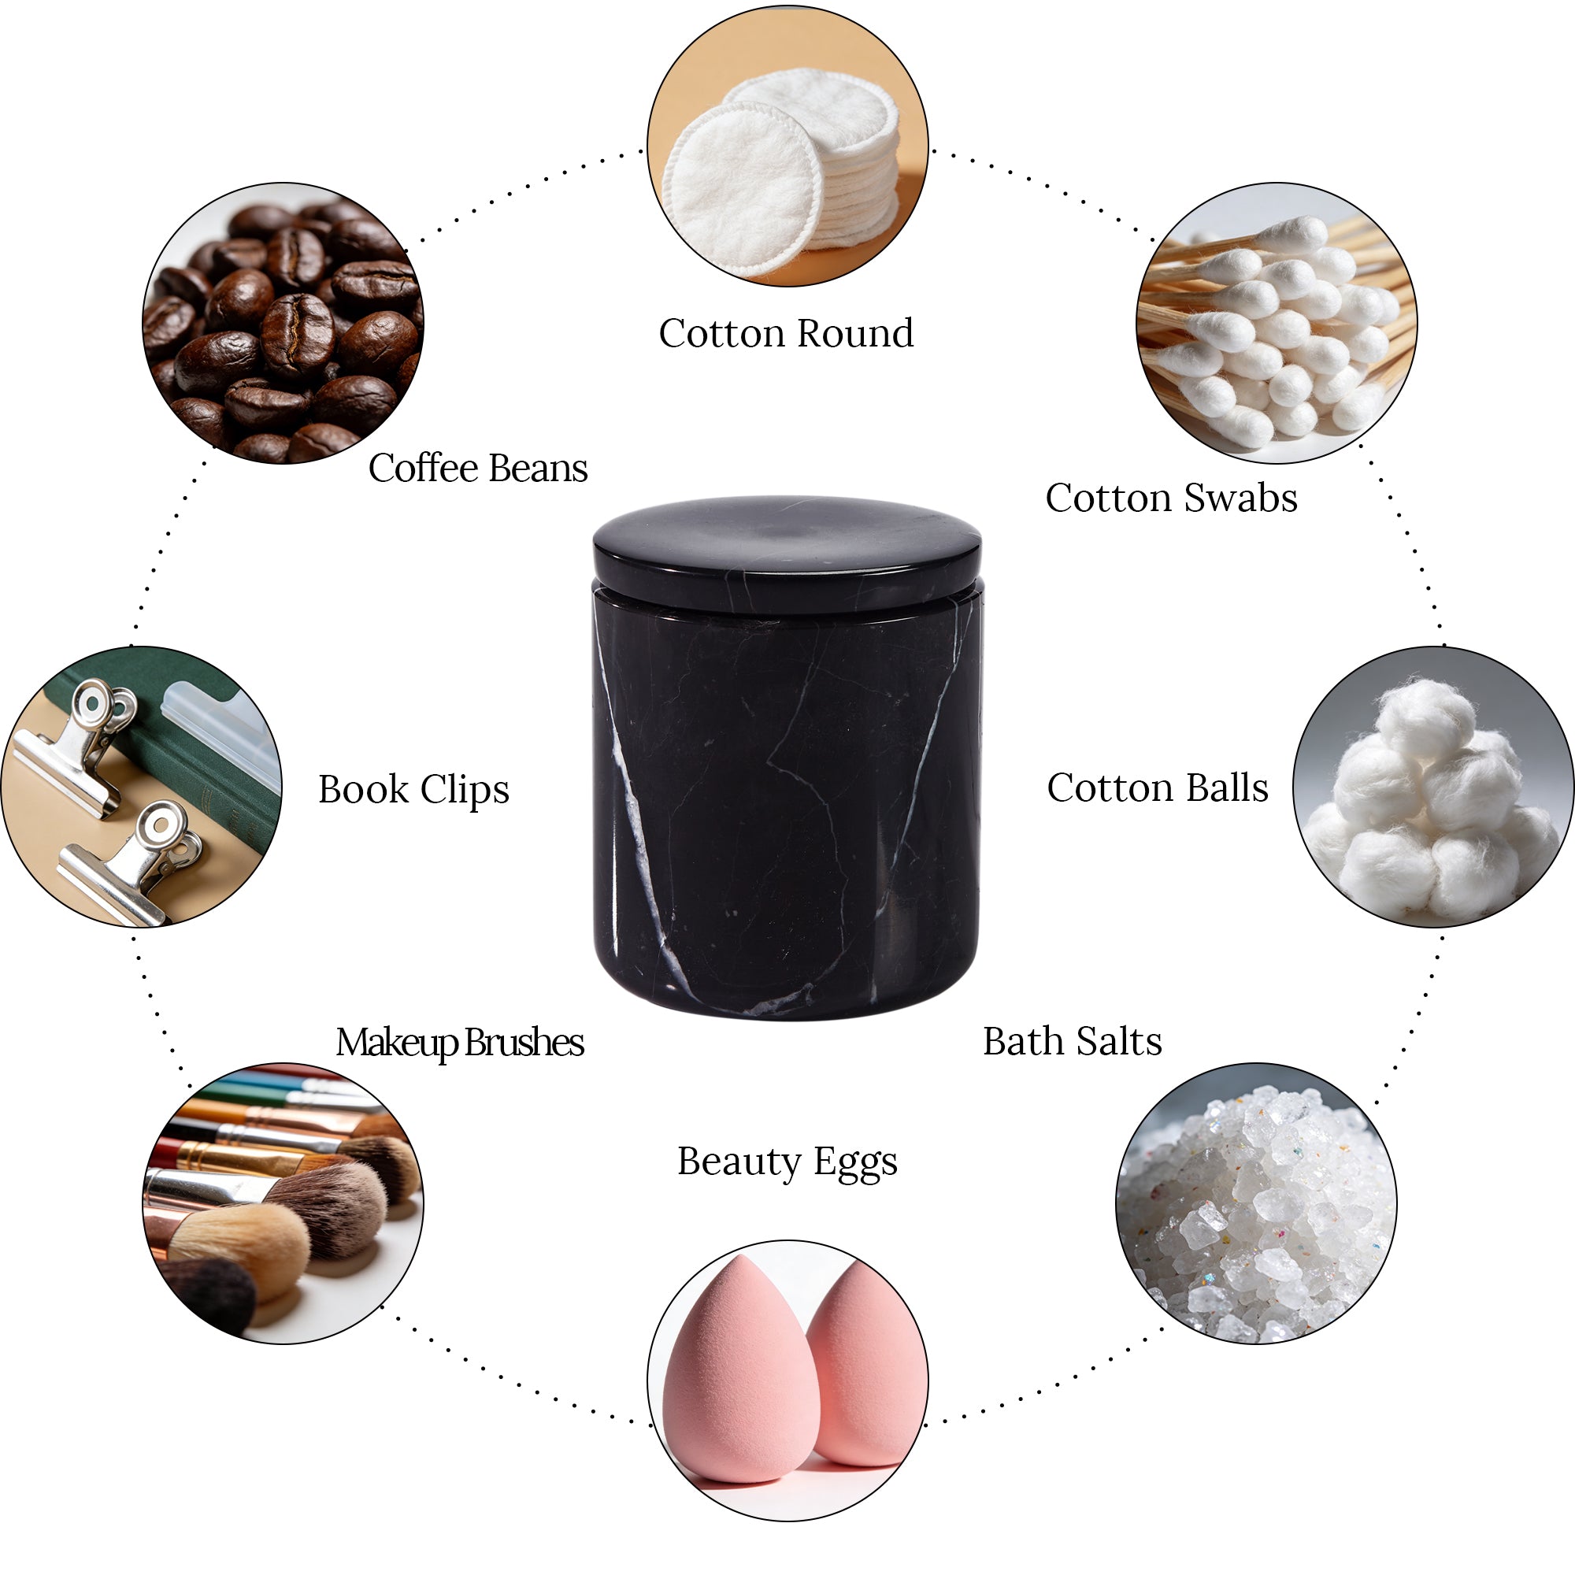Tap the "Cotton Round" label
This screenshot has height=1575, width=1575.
click(x=786, y=333)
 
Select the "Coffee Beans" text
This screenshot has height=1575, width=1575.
click(x=478, y=468)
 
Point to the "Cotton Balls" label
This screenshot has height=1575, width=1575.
click(x=1158, y=787)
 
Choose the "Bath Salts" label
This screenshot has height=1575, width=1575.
click(x=1072, y=1041)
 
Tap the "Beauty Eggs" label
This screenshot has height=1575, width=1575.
click(x=787, y=1162)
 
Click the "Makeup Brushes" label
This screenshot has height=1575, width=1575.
click(x=460, y=1043)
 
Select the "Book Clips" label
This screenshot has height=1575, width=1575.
click(x=413, y=790)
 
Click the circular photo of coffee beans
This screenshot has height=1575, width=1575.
click(x=283, y=323)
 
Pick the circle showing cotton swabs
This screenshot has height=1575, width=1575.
click(x=1277, y=323)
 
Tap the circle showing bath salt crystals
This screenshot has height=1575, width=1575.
click(x=1256, y=1203)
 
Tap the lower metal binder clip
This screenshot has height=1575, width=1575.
click(x=135, y=864)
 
